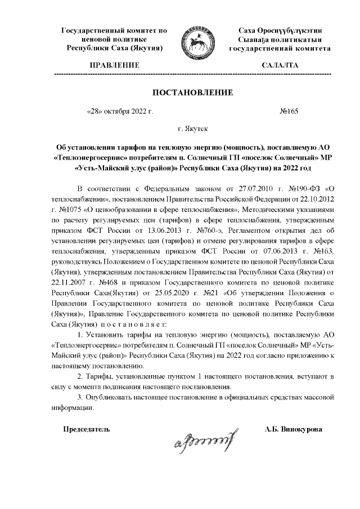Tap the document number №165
click(x=289, y=111)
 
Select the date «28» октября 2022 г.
click(x=120, y=111)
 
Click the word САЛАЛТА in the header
click(x=280, y=66)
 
